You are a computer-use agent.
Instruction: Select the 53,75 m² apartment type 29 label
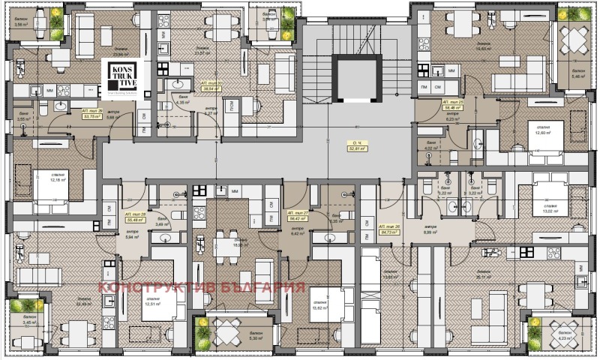(x=93, y=113)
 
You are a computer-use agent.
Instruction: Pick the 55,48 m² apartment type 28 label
(x=136, y=217)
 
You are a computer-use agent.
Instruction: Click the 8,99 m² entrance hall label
(x=430, y=229)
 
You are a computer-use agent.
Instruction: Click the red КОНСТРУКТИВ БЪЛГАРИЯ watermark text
(x=202, y=288)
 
